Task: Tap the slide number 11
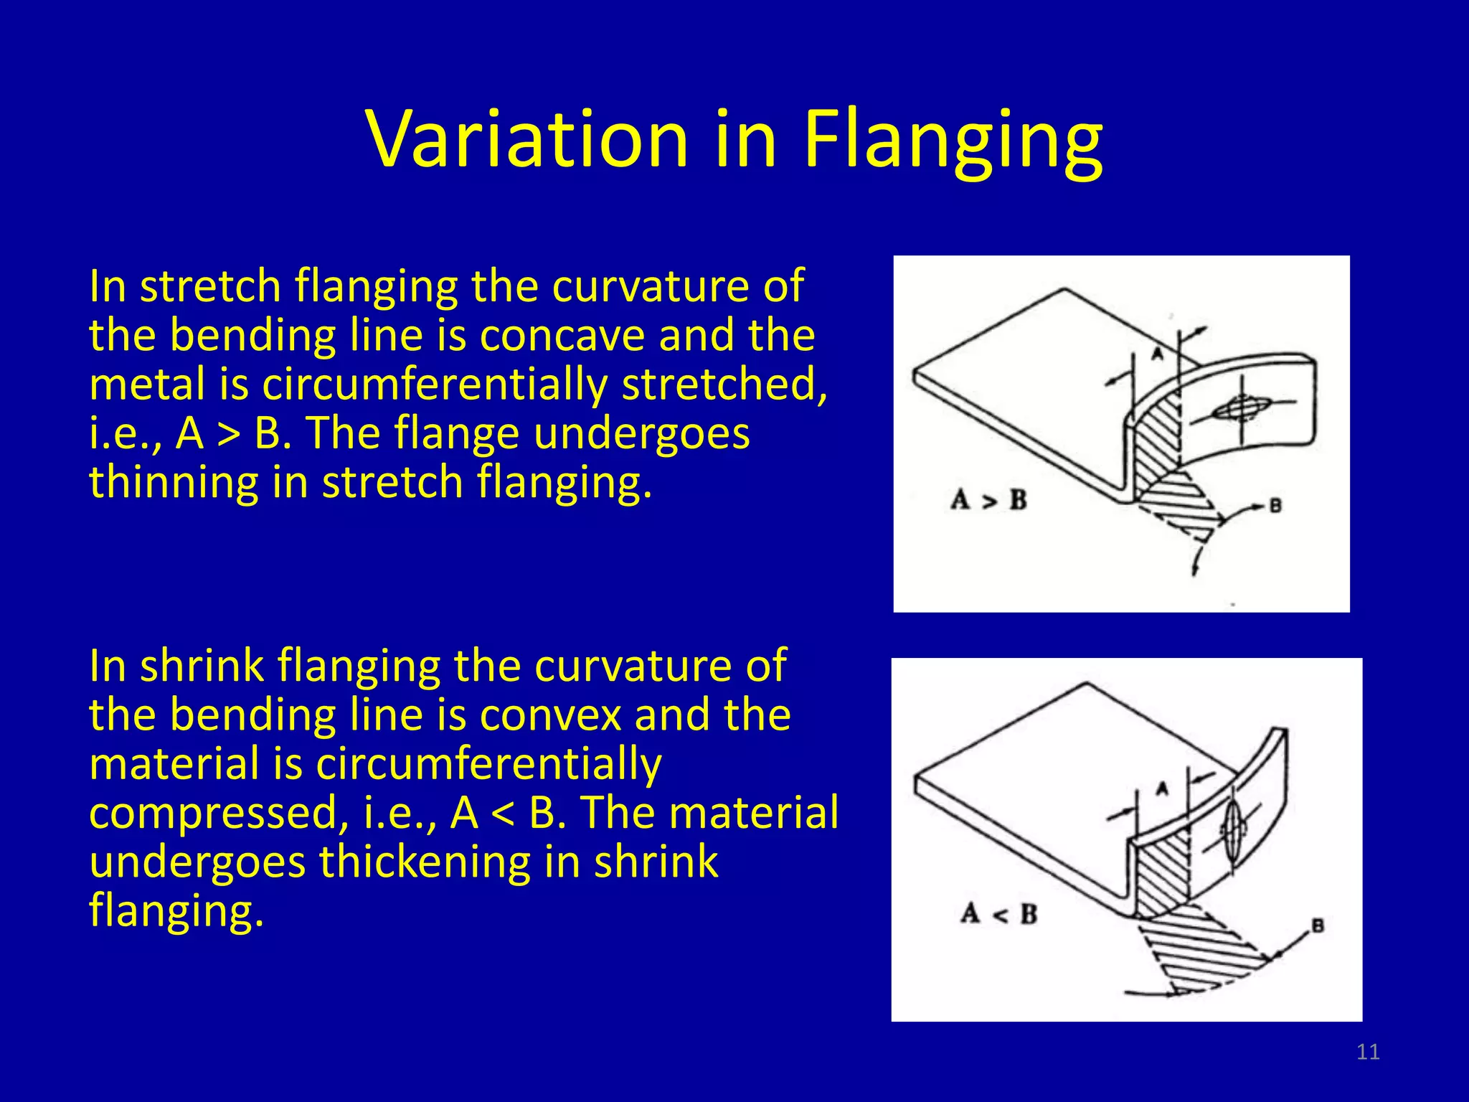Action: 1368,1052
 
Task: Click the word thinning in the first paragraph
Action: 173,481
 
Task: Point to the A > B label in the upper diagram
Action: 988,500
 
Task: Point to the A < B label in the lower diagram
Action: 998,915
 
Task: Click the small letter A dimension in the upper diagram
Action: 1157,354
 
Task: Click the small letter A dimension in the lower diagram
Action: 1163,789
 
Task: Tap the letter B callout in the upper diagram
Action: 1275,506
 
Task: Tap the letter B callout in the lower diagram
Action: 1318,926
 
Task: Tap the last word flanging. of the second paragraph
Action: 176,911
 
